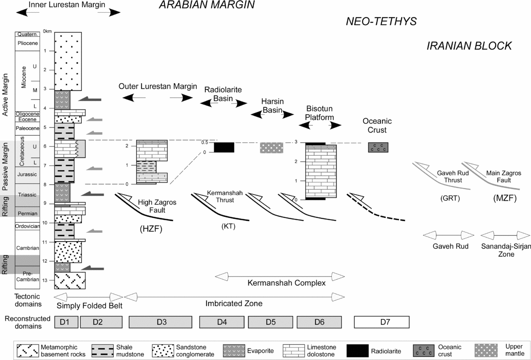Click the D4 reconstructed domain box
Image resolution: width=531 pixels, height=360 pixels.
[221, 322]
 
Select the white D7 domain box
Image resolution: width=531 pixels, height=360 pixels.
[382, 322]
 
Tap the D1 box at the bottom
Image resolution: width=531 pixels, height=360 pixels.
[66, 322]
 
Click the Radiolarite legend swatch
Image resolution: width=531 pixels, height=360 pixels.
[357, 351]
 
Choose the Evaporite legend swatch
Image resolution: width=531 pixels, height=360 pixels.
[234, 351]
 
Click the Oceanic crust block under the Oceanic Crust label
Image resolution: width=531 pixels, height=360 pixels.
[378, 147]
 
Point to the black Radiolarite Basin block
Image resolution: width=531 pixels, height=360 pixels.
[224, 147]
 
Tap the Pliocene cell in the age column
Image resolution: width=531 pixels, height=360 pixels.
[28, 43]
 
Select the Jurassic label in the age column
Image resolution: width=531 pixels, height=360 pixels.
[27, 174]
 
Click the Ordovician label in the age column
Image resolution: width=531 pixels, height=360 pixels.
[28, 226]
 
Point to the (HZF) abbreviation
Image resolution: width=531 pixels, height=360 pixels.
[151, 229]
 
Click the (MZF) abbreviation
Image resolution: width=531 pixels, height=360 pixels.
[505, 198]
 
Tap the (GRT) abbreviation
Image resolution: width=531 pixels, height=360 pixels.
[450, 198]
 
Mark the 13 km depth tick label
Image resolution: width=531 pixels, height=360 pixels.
[45, 280]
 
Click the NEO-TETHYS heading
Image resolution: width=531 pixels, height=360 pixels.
[381, 21]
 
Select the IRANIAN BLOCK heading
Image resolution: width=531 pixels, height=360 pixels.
[469, 46]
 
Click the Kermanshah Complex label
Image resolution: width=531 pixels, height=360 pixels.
[286, 283]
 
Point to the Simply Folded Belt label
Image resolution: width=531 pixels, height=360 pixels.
[89, 306]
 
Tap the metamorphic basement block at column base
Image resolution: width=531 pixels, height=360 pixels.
[70, 281]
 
